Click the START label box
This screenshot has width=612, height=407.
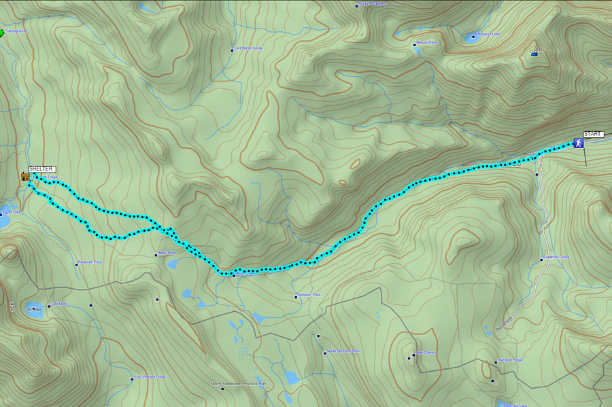pos(592,135)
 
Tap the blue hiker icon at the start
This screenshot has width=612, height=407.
pos(577,143)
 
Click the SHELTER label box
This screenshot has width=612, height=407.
pos(41,169)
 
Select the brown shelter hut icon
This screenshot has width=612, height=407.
pos(25,177)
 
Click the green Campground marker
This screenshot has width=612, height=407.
pos(2,32)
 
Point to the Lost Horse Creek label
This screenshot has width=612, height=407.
pos(248,48)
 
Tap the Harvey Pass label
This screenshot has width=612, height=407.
pos(426,43)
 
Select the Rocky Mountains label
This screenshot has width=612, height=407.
pos(372,4)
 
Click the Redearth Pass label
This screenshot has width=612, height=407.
pos(90,262)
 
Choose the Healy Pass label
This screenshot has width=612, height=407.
pos(167,253)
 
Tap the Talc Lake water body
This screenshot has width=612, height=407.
pos(33,309)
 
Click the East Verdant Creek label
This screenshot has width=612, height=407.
pos(150,377)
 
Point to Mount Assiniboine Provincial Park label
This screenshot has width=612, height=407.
pos(239,384)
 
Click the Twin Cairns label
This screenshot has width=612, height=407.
pos(425,354)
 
